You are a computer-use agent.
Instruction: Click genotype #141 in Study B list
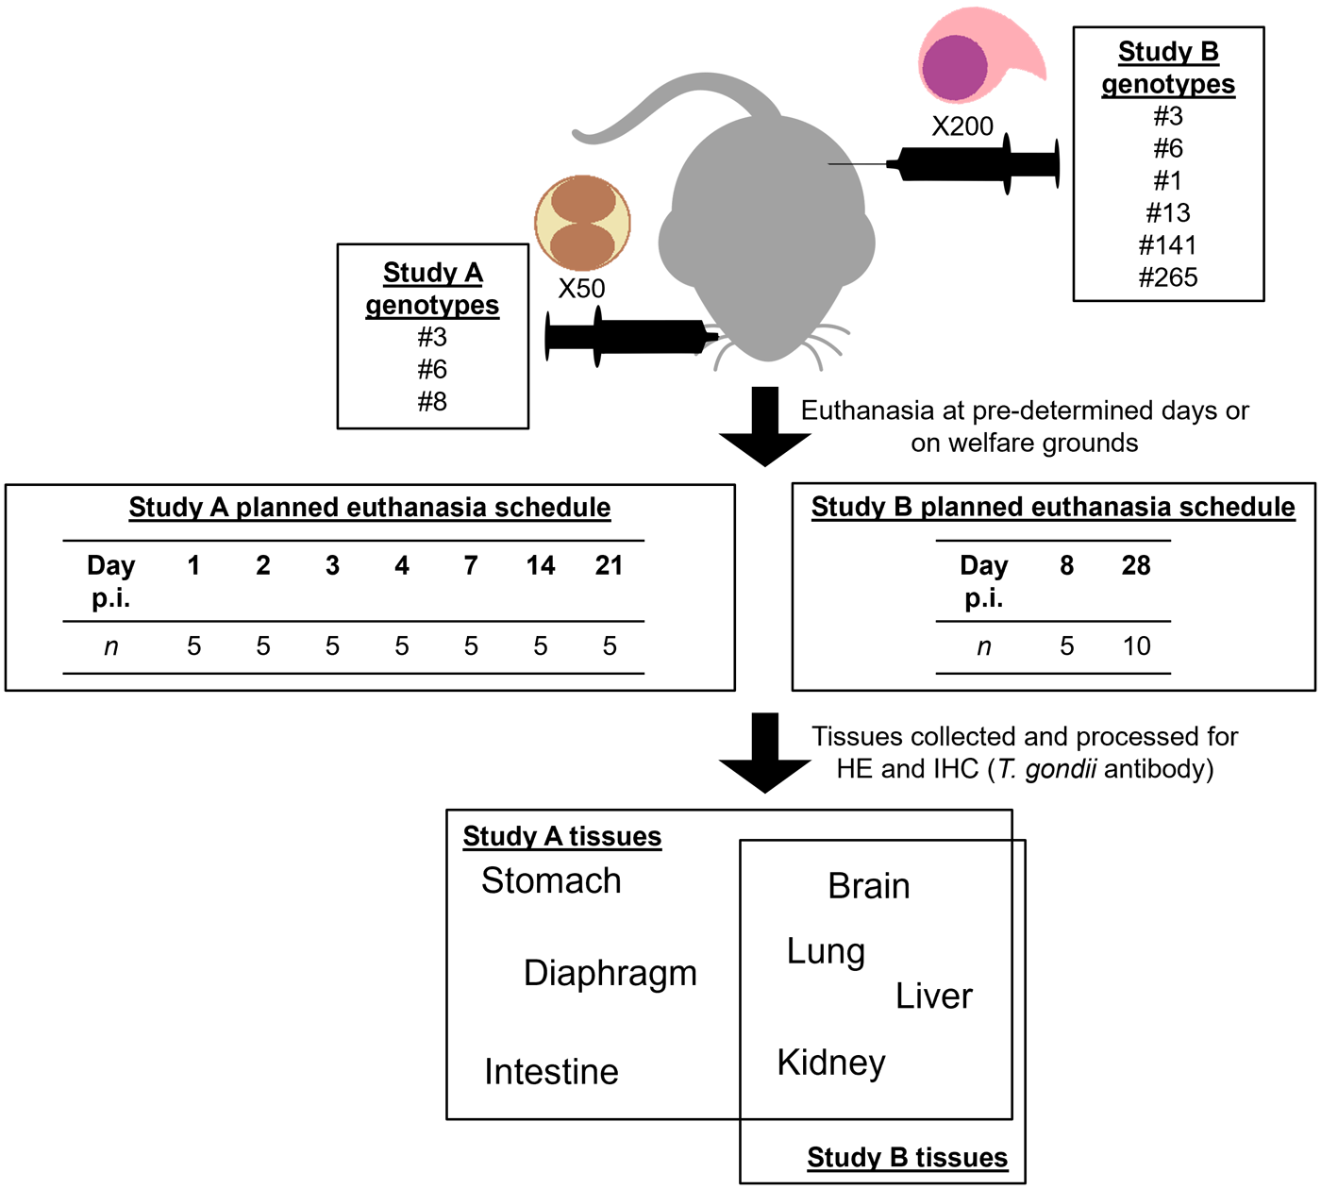(1167, 245)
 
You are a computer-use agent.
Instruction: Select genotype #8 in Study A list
(432, 402)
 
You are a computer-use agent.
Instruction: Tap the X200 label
(962, 126)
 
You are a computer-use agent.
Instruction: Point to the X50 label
(581, 289)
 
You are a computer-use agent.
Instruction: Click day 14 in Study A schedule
(541, 565)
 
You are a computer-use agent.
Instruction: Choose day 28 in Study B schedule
(1136, 565)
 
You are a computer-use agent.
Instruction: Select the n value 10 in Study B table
(1136, 646)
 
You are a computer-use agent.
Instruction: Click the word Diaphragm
(610, 973)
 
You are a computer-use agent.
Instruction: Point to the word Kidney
(831, 1063)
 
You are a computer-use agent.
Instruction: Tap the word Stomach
(551, 880)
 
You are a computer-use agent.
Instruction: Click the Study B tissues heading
(907, 1158)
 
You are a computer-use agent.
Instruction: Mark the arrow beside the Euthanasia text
(765, 427)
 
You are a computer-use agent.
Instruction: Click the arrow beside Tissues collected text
(765, 752)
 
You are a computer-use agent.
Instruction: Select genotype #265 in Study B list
(1167, 277)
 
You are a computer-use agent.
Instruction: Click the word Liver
(933, 996)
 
